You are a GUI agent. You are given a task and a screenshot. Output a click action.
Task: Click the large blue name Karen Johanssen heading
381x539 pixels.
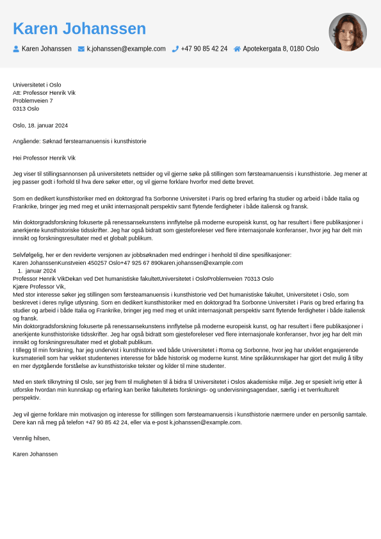click(79, 29)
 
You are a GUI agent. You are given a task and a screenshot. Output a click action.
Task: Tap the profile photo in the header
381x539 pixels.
click(348, 32)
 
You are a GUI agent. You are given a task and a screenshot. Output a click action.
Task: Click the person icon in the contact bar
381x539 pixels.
click(16, 49)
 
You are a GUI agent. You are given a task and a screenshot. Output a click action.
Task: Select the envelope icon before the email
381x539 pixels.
click(81, 49)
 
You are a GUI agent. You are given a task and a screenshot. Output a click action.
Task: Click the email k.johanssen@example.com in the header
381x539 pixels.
click(126, 49)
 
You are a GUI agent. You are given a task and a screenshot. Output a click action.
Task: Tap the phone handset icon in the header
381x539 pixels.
click(175, 49)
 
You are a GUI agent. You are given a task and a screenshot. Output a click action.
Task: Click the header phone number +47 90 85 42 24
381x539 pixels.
click(204, 49)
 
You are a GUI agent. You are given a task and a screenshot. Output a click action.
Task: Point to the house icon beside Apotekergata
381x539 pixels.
click(237, 49)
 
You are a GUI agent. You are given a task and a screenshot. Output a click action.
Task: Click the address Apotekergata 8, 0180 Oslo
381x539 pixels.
click(280, 49)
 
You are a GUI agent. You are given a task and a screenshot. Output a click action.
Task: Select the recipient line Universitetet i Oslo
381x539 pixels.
click(37, 85)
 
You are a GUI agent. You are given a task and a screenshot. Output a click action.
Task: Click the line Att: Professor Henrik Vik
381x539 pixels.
click(44, 93)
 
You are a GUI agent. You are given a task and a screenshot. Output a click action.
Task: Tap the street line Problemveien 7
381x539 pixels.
click(33, 101)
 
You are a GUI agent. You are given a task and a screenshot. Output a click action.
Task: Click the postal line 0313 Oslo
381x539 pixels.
click(26, 109)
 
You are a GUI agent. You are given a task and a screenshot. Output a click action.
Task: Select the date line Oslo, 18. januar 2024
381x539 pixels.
click(40, 126)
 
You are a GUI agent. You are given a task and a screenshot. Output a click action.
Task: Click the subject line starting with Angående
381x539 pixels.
click(79, 141)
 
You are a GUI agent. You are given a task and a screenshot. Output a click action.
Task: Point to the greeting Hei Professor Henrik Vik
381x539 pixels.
click(44, 158)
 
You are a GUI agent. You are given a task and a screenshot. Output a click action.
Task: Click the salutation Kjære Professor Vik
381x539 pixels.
click(39, 286)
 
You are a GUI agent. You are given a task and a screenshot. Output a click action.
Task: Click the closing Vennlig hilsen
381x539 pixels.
click(31, 438)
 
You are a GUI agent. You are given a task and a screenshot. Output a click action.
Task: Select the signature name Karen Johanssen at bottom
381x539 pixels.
click(35, 454)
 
